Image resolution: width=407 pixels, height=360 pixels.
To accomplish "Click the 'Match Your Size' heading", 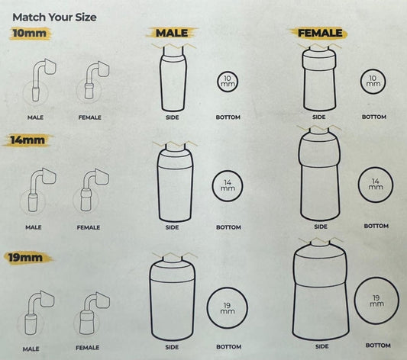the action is pyautogui.click(x=54, y=18).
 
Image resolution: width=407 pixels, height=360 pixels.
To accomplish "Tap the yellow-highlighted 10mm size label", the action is pyautogui.click(x=30, y=33).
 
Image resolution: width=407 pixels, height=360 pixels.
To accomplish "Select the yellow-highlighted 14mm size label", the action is pyautogui.click(x=27, y=140).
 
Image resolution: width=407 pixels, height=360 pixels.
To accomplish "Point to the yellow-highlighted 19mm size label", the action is pyautogui.click(x=26, y=258).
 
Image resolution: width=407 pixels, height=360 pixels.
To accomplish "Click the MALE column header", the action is pyautogui.click(x=172, y=33).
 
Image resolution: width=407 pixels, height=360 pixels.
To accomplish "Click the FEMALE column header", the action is pyautogui.click(x=320, y=33).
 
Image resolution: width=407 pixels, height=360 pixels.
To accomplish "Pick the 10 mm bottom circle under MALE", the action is pyautogui.click(x=228, y=82).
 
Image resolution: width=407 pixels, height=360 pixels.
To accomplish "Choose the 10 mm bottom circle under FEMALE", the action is pyautogui.click(x=373, y=82).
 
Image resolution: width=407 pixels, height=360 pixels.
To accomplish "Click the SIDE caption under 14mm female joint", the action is pyautogui.click(x=321, y=227).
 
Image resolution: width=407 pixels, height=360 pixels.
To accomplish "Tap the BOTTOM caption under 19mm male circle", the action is pyautogui.click(x=228, y=347).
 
